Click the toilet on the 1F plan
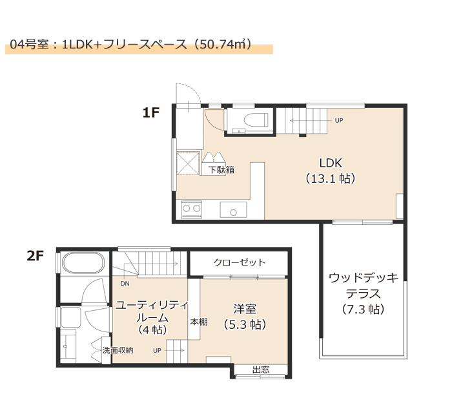(256, 120)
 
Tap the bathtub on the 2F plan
(83, 263)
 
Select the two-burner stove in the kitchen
(192, 209)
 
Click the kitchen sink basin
(234, 210)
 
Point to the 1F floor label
(151, 112)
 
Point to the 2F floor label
(35, 256)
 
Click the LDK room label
(331, 163)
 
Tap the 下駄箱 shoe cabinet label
(221, 169)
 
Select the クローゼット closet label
(240, 262)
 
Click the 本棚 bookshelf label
(199, 322)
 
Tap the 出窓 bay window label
(261, 370)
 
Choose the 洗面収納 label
(118, 350)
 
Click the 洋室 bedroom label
(245, 309)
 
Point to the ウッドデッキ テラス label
(363, 286)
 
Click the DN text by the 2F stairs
(125, 284)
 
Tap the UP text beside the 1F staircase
(339, 121)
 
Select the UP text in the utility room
(157, 351)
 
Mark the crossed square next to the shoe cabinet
(188, 163)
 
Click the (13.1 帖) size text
(331, 179)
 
